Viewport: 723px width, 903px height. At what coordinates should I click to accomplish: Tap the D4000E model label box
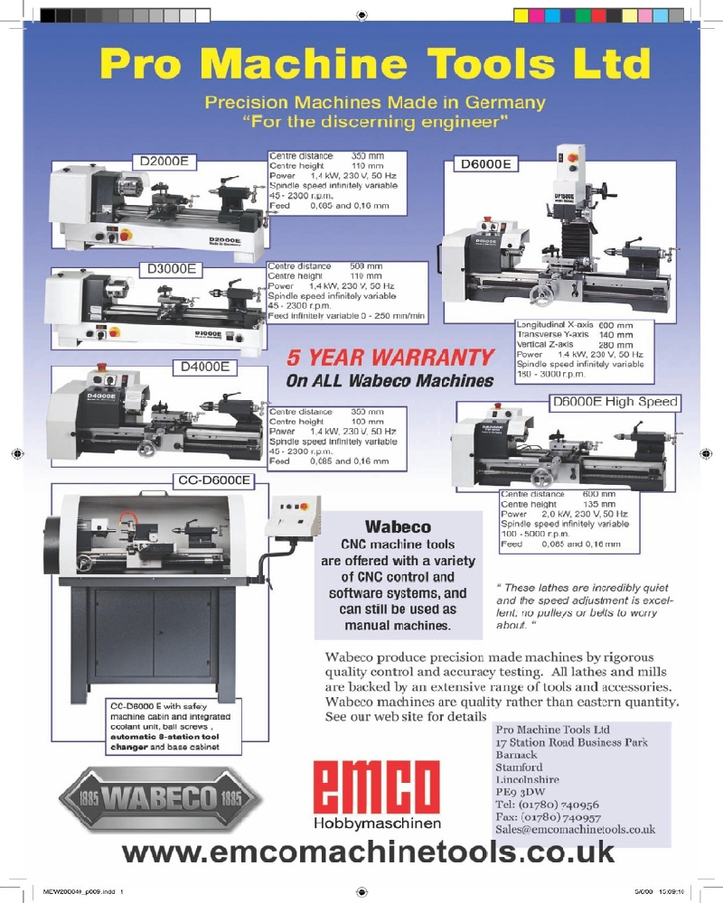click(x=204, y=368)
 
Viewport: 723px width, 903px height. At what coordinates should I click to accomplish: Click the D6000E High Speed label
click(x=614, y=402)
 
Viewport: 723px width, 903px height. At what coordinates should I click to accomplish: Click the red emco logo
click(x=376, y=786)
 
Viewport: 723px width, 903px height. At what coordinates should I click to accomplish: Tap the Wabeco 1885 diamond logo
click(x=159, y=798)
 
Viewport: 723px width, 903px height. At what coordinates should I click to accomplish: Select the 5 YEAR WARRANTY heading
click(x=390, y=358)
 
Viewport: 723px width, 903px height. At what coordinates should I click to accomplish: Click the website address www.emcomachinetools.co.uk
click(x=367, y=851)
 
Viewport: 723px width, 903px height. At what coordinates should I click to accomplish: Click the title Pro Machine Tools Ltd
click(x=374, y=64)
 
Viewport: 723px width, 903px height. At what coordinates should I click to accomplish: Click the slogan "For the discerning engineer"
click(x=374, y=120)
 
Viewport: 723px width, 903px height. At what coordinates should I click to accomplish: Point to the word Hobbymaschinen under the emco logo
click(x=376, y=824)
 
